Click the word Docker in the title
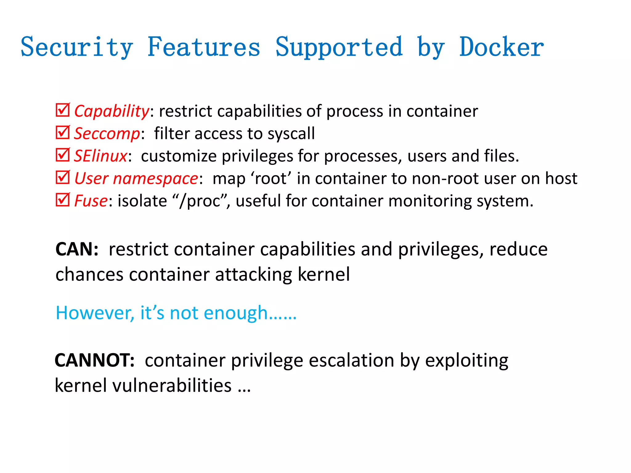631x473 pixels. click(502, 47)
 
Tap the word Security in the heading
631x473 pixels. click(77, 47)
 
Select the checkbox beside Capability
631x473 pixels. click(63, 110)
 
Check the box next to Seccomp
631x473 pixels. click(63, 132)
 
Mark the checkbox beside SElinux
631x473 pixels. click(63, 155)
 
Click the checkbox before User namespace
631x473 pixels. click(63, 177)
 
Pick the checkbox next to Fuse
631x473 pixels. click(63, 200)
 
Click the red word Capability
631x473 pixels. click(112, 111)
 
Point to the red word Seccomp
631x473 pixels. click(107, 134)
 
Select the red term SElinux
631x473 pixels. click(100, 156)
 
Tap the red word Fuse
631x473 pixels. click(91, 201)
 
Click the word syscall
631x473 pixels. click(291, 134)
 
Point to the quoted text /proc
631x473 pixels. click(202, 201)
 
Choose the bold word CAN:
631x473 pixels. click(77, 249)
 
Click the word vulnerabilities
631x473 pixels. click(172, 386)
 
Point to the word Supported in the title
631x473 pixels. click(339, 47)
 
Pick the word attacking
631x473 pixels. click(254, 274)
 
